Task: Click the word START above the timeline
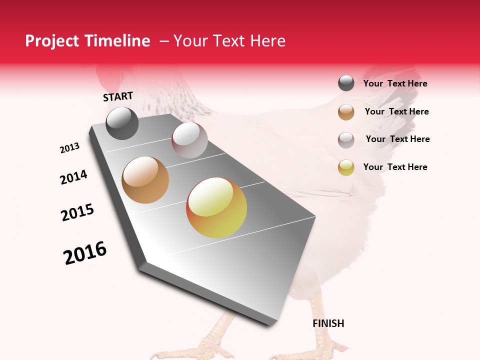[118, 96]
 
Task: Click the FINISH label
[328, 323]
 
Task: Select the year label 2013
[69, 148]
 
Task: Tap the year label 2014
[73, 177]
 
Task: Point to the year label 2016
[85, 253]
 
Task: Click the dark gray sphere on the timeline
[122, 123]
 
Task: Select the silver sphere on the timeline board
[189, 140]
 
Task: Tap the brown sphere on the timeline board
[145, 180]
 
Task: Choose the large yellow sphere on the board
[216, 207]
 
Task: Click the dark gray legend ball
[346, 83]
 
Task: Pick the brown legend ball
[346, 112]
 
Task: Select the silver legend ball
[346, 140]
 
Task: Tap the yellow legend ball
[346, 168]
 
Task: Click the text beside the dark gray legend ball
[395, 83]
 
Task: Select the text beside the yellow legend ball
[395, 167]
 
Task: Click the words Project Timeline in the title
[87, 41]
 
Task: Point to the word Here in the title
[267, 41]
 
